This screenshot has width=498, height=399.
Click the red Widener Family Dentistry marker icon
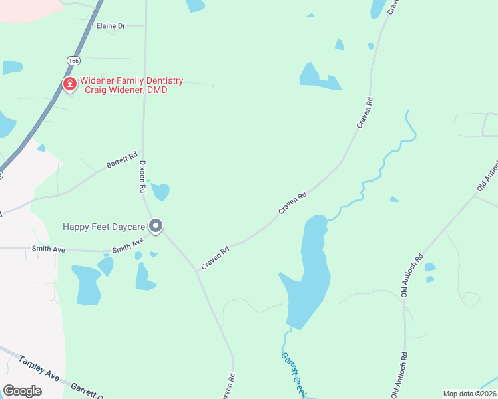(x=69, y=84)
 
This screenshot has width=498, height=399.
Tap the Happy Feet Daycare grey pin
(x=156, y=227)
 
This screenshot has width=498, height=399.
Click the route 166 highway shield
(x=73, y=61)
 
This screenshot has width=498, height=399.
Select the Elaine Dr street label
(x=111, y=26)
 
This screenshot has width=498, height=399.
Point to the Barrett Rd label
(x=122, y=159)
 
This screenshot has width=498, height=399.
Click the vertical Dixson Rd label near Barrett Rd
(x=142, y=177)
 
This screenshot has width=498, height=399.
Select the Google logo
(x=22, y=391)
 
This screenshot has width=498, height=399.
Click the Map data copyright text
(x=469, y=394)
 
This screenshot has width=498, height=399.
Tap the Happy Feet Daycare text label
(x=103, y=227)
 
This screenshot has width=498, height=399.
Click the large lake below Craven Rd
(x=307, y=279)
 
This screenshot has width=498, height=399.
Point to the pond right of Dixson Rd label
(x=160, y=192)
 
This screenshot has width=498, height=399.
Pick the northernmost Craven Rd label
(x=365, y=112)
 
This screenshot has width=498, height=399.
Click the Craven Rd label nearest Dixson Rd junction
(x=215, y=257)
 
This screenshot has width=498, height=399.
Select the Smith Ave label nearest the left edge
(x=49, y=249)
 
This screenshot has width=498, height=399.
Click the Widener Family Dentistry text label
(x=123, y=85)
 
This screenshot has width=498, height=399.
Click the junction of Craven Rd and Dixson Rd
(x=197, y=270)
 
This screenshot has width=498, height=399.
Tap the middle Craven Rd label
(x=292, y=203)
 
